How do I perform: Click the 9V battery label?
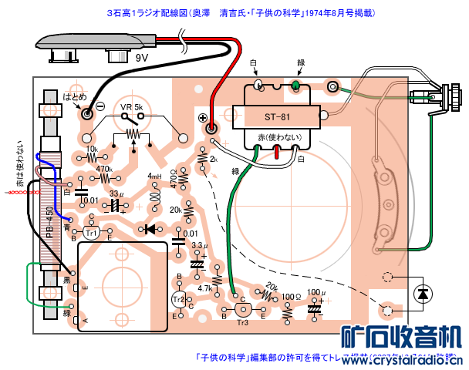click(x=141, y=58)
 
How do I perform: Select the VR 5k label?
click(x=130, y=106)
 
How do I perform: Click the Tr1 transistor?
click(x=91, y=232)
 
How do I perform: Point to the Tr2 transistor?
click(x=178, y=299)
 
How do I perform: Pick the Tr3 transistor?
click(x=242, y=310)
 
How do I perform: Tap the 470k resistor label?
click(x=103, y=168)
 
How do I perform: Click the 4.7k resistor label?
click(x=205, y=288)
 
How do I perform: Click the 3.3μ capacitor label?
click(x=199, y=245)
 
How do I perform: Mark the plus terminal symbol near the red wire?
click(x=203, y=118)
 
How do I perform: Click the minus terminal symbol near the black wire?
click(x=100, y=106)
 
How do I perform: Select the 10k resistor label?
click(x=92, y=149)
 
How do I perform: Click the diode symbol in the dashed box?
click(x=422, y=294)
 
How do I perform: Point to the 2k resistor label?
click(x=214, y=159)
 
